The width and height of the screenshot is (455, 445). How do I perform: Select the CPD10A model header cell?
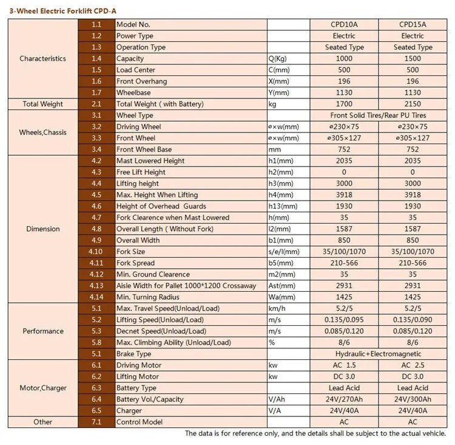point(344,24)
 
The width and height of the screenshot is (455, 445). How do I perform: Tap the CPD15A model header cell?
point(413,24)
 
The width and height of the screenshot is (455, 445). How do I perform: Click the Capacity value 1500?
point(413,58)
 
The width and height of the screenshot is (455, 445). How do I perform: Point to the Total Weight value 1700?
point(344,104)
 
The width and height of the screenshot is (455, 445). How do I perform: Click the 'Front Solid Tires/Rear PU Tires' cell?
point(379,115)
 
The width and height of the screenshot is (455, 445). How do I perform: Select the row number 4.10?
point(96,252)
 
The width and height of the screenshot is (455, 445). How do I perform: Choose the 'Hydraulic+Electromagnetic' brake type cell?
point(379,353)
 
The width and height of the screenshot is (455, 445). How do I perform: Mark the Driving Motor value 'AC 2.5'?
point(413,365)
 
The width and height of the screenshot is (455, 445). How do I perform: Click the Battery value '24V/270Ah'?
point(344,399)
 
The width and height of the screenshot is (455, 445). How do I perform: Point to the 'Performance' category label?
point(42,331)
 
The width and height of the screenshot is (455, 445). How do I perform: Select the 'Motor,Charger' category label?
point(42,387)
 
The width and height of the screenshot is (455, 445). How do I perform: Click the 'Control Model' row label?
point(141,421)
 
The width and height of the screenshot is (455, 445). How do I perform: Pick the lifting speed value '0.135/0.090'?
point(413,319)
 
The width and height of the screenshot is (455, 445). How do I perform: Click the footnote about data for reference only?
point(315,433)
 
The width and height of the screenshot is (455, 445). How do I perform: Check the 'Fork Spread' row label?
point(135,263)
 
